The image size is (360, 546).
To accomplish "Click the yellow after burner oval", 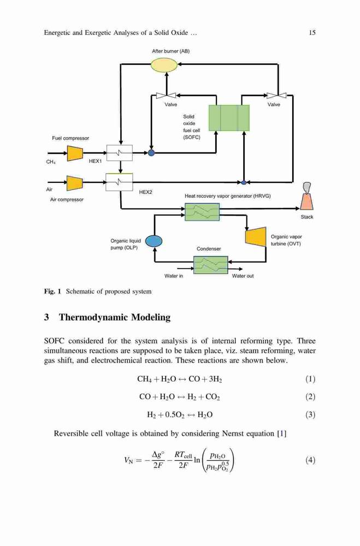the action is [164, 64].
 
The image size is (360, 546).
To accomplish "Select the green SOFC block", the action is [229, 118].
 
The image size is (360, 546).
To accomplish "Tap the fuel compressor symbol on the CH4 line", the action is [75, 153].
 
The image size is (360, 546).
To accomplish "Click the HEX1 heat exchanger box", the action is [120, 153].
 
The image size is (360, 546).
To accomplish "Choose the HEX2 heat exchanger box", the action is [120, 182].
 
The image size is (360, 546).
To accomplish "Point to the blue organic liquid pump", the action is [154, 241].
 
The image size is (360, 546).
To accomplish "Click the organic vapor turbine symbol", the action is [256, 236].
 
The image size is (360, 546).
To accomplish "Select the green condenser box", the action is [210, 265].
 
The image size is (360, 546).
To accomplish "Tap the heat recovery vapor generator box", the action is [202, 212].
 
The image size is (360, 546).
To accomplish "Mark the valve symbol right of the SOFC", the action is [276, 95].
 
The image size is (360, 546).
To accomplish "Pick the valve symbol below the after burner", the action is [166, 95].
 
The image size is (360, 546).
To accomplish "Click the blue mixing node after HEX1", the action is [151, 152].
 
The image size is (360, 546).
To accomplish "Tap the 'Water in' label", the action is [174, 276].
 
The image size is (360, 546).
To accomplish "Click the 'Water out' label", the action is [243, 276].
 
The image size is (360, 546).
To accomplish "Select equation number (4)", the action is [310, 460].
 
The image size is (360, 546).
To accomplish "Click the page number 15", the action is [312, 33].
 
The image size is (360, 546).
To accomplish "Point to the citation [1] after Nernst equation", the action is [281, 434].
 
